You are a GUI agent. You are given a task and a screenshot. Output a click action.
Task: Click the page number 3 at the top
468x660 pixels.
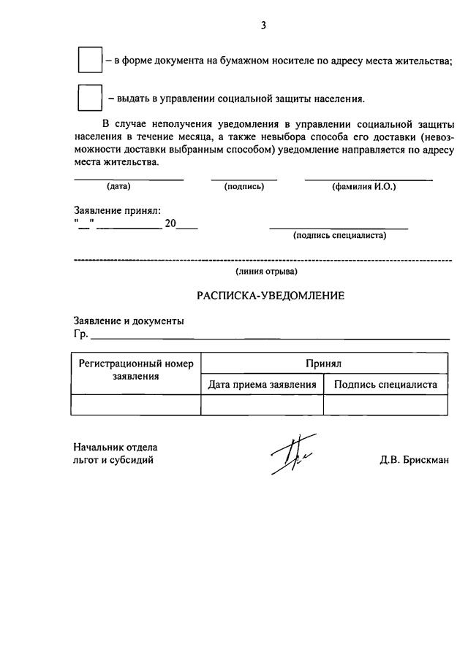click(x=263, y=26)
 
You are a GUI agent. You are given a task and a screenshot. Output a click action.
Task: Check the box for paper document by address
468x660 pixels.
click(x=89, y=61)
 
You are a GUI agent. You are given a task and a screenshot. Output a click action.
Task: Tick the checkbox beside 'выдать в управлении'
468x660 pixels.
click(x=89, y=98)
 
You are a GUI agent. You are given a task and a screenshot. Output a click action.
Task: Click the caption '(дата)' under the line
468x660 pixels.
click(x=118, y=187)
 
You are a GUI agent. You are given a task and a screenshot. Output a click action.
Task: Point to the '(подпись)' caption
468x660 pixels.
click(x=244, y=187)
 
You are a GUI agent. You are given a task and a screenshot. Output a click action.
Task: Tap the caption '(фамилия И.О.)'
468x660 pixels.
click(x=363, y=187)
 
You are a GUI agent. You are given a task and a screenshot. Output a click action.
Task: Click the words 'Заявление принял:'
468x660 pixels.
click(x=117, y=211)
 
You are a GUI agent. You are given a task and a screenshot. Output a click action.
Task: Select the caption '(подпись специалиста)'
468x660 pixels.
click(x=339, y=235)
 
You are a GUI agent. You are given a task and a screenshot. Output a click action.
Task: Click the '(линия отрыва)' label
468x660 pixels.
click(x=266, y=272)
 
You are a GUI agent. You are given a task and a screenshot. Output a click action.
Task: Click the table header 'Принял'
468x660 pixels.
click(x=324, y=363)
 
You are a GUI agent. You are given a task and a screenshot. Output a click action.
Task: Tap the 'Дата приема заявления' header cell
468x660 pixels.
click(x=262, y=385)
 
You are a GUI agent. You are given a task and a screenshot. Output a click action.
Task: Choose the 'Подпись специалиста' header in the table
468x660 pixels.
click(x=385, y=385)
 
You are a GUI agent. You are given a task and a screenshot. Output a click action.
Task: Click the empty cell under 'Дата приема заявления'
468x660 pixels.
click(x=262, y=405)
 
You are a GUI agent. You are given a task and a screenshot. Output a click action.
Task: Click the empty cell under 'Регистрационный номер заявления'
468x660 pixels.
click(x=136, y=405)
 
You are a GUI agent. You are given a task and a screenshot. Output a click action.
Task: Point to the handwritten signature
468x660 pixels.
click(x=289, y=456)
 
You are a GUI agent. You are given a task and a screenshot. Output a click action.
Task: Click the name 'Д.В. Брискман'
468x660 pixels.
click(x=414, y=460)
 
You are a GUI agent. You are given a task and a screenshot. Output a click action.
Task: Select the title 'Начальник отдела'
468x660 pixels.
click(x=116, y=447)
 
